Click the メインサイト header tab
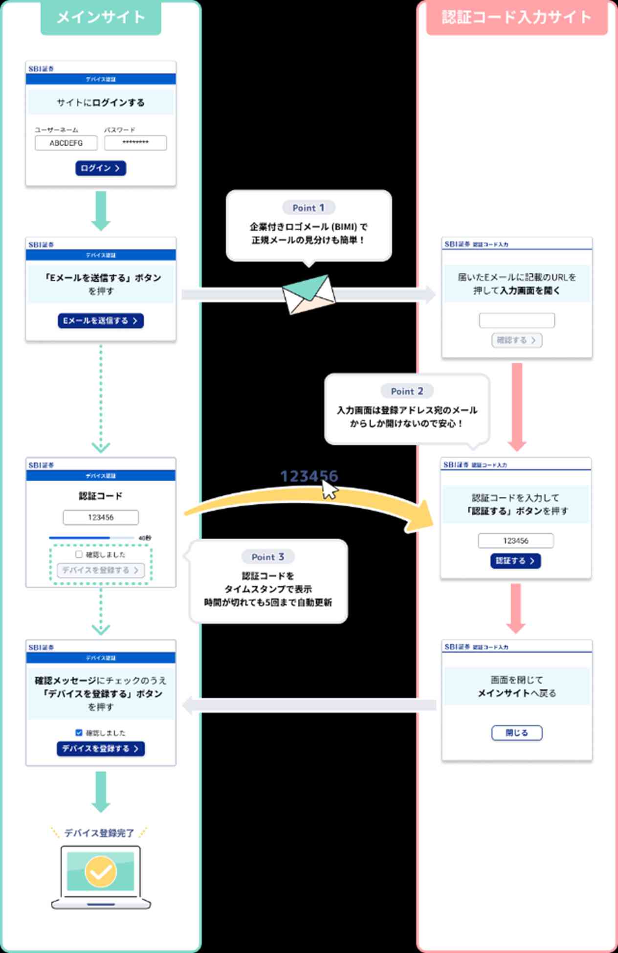tap(101, 18)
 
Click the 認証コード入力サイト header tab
tap(516, 18)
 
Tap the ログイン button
tap(101, 168)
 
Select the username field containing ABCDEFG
tap(66, 143)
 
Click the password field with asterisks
tap(135, 143)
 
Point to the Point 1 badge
tap(309, 208)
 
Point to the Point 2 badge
tap(407, 391)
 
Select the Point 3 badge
tap(267, 557)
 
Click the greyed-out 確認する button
tap(517, 340)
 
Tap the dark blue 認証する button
tap(515, 561)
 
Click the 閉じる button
tap(517, 733)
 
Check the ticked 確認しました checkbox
tap(79, 732)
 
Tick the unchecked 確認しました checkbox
tap(79, 554)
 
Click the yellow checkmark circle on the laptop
tap(101, 871)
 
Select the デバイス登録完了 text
tap(99, 833)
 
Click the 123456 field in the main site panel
tap(101, 517)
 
